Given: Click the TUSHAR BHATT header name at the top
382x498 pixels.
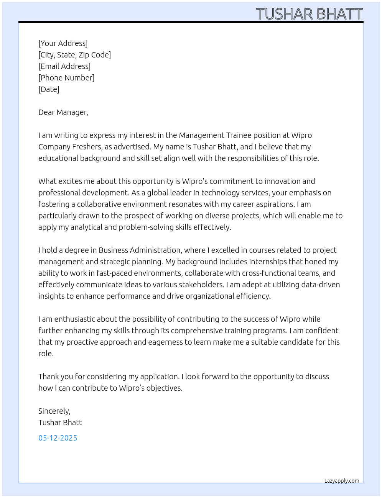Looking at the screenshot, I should click(x=309, y=14).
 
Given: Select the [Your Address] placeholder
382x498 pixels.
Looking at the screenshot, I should click(x=63, y=43).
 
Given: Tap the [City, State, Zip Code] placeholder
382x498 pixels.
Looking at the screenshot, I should click(x=74, y=55).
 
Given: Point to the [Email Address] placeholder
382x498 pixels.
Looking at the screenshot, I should click(x=64, y=66).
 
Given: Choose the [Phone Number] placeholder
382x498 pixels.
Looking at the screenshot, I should click(x=66, y=78).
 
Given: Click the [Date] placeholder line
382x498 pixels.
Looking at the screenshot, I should click(x=49, y=89).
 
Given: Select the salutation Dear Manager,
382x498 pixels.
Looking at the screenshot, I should click(x=63, y=112).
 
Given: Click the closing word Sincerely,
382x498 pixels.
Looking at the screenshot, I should click(x=54, y=411).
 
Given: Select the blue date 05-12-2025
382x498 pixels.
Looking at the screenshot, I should click(x=58, y=438).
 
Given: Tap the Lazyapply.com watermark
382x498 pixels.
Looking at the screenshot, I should click(x=342, y=481).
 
